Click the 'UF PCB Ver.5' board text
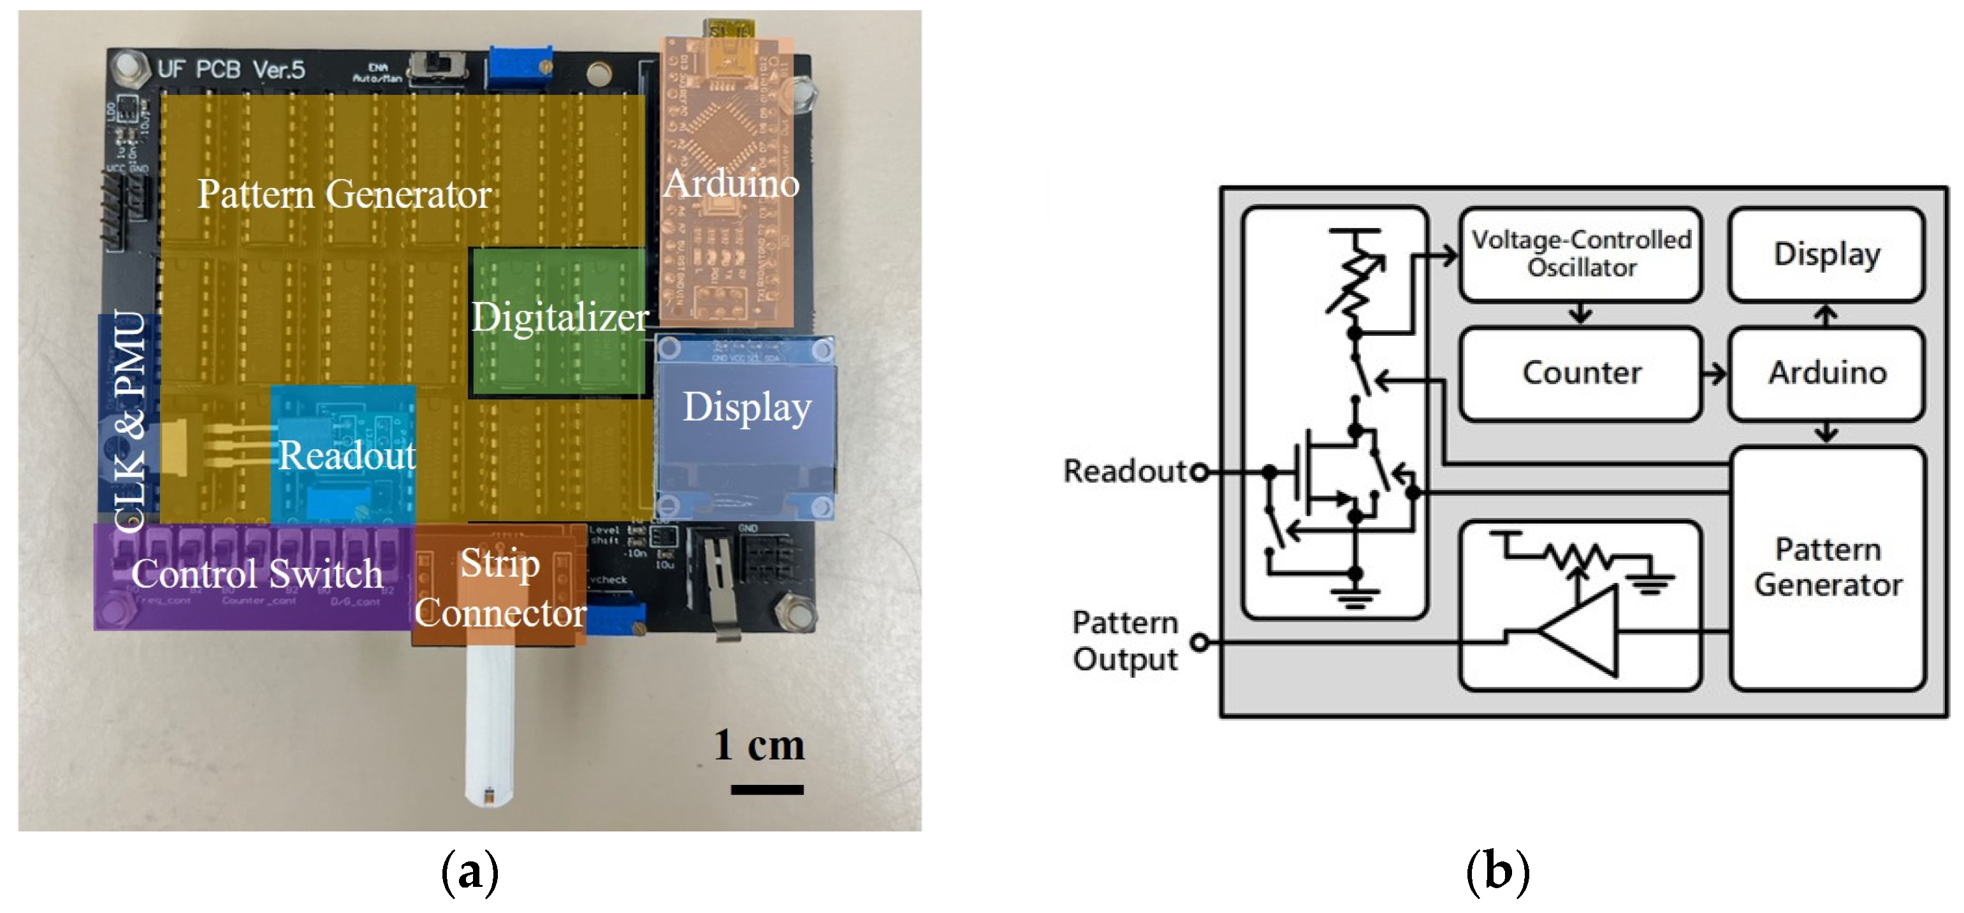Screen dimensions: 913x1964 click(x=230, y=70)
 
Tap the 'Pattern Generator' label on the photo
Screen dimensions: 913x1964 click(x=344, y=194)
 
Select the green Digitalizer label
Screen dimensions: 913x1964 click(x=559, y=317)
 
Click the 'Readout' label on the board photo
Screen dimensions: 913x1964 click(x=347, y=456)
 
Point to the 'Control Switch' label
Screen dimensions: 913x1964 click(x=256, y=574)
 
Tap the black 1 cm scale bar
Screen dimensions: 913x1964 click(x=766, y=789)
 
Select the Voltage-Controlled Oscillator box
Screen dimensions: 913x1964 click(x=1580, y=254)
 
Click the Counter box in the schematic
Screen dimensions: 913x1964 click(x=1580, y=373)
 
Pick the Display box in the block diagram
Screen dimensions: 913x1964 click(x=1826, y=254)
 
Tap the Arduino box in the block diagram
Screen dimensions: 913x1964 click(x=1826, y=373)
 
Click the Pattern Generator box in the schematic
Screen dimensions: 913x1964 click(x=1826, y=568)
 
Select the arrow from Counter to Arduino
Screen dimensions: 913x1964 click(x=1715, y=373)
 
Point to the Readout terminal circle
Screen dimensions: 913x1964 click(x=1199, y=473)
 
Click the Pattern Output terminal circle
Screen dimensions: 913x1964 click(x=1199, y=642)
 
